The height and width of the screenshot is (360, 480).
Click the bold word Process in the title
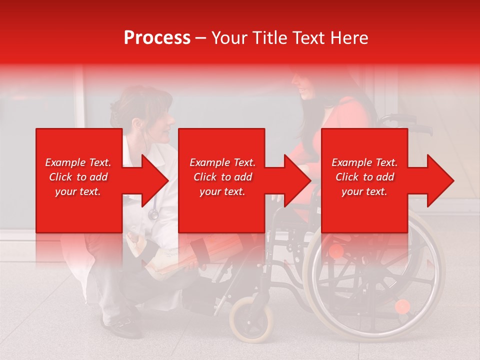click(157, 38)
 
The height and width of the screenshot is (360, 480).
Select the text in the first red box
click(78, 177)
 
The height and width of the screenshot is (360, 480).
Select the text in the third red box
click(364, 177)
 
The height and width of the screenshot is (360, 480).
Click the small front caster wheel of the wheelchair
click(251, 318)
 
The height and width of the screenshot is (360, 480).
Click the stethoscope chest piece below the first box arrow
click(153, 214)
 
